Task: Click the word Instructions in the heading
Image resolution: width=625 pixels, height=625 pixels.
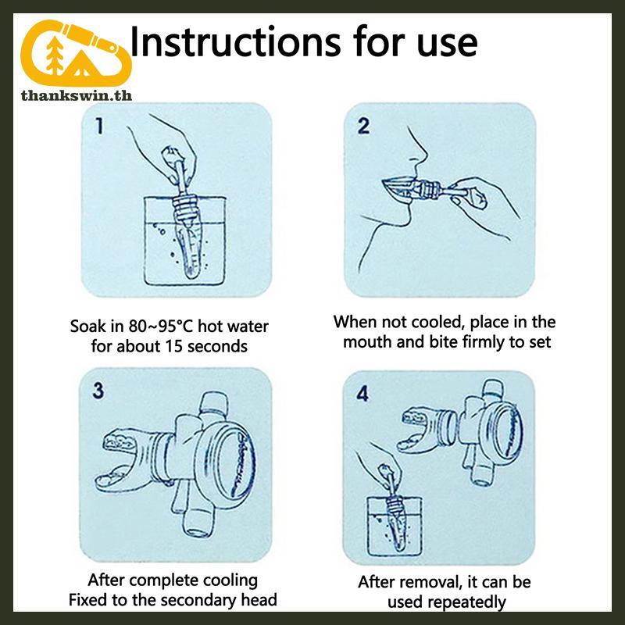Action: [236, 41]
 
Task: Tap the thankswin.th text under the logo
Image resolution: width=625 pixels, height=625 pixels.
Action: [76, 95]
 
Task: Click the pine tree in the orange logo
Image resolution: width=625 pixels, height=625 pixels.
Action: [55, 55]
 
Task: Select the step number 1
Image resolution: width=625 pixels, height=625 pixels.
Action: [99, 126]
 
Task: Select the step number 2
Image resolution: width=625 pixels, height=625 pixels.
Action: [363, 126]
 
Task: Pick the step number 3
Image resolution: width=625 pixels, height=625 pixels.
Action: [98, 391]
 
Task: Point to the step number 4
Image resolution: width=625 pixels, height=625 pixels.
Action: [362, 394]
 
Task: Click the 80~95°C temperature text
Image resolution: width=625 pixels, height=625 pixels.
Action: [161, 326]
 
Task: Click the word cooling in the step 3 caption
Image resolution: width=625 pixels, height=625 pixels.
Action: [229, 580]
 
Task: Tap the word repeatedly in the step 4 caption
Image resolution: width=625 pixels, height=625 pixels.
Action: [446, 602]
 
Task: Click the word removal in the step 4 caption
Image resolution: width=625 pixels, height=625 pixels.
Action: [432, 582]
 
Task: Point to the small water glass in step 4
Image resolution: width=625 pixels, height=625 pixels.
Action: [395, 526]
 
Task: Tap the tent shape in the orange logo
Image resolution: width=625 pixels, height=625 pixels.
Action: [81, 65]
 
